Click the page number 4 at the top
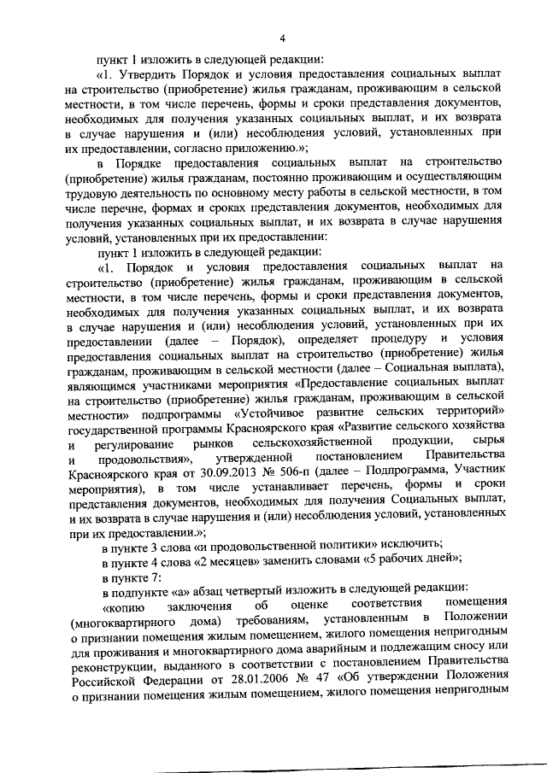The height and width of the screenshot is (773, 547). coord(282,37)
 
